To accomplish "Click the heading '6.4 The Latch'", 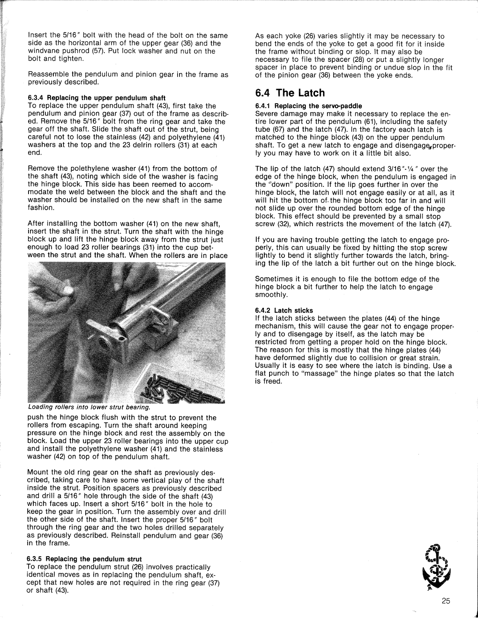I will click(290, 93).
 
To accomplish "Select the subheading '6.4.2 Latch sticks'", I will click(284, 310).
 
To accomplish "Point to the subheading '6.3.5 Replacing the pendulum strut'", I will click(84, 559).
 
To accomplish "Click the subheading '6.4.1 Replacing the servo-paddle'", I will click(308, 106).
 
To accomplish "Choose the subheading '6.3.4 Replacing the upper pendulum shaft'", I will click(96, 98).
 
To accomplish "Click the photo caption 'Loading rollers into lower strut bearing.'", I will click(88, 407).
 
